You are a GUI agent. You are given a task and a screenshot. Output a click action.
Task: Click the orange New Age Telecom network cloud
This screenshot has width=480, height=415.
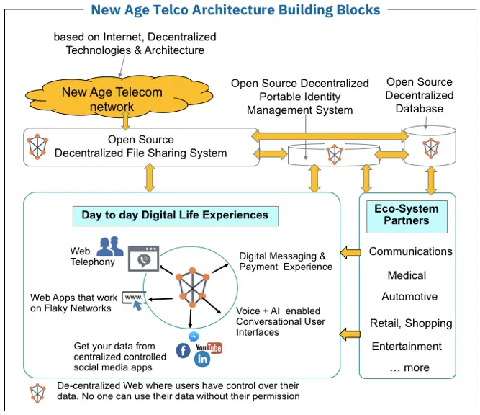coord(119,97)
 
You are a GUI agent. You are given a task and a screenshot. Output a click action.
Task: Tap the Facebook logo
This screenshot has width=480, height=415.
coord(183,350)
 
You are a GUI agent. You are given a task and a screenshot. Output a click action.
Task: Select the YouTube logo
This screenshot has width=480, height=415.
coord(209,348)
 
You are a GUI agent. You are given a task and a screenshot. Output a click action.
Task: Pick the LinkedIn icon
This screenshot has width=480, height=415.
coord(202,360)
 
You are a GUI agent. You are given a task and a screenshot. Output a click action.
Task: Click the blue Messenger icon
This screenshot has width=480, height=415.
coord(194,336)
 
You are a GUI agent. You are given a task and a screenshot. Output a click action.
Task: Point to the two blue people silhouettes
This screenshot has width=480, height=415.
coord(110,246)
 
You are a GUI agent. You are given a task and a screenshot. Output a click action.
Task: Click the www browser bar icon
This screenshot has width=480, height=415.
coord(134,300)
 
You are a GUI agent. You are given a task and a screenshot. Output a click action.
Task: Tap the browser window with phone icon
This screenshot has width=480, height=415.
coord(143,259)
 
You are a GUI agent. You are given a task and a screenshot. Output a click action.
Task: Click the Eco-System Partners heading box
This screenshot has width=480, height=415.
coord(407,217)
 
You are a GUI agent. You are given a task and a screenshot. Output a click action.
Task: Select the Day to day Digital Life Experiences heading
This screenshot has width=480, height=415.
coord(176,215)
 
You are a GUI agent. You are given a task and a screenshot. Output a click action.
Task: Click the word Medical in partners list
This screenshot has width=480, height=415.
coord(407,275)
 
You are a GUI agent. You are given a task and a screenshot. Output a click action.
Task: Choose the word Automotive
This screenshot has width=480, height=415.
coord(409,296)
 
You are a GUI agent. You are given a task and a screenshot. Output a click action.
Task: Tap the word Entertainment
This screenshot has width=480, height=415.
coord(407,347)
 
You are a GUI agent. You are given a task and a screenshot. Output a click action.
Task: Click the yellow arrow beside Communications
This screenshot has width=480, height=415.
coord(350,253)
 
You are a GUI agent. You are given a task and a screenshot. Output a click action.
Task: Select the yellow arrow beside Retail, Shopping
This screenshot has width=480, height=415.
coord(350,334)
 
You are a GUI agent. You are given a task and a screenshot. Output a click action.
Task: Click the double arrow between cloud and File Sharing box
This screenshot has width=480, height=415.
coord(125,120)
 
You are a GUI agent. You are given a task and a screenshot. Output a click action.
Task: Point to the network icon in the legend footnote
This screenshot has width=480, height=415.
coord(37,393)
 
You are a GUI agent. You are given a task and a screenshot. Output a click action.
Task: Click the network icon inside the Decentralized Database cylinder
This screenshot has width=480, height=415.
coord(431,148)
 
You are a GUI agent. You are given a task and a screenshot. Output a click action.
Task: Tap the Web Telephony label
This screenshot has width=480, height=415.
coord(92,256)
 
